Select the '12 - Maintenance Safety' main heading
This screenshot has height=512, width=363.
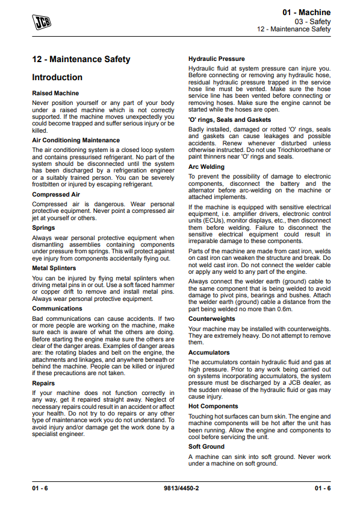(x=81, y=60)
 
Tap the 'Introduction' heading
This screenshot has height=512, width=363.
(x=57, y=77)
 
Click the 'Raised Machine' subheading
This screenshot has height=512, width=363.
(x=55, y=93)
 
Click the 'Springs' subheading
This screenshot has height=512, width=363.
(x=43, y=229)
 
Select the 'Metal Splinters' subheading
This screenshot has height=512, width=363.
(x=54, y=268)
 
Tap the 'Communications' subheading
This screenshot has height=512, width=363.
(x=57, y=308)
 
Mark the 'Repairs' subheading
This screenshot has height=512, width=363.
(x=43, y=383)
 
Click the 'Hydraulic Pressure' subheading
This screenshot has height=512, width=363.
(x=217, y=59)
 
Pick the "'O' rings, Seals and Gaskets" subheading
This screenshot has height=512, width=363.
(x=229, y=119)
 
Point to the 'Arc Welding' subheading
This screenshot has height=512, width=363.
(x=206, y=166)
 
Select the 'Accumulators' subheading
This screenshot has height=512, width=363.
(x=209, y=352)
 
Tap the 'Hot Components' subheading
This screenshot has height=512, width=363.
(x=213, y=406)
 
